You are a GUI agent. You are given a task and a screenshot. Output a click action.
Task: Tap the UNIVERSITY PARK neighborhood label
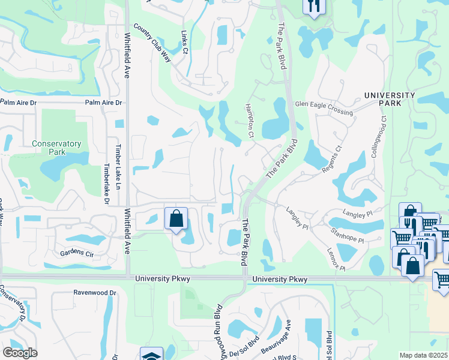[390, 99]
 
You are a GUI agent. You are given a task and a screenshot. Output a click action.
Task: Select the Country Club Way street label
[153, 43]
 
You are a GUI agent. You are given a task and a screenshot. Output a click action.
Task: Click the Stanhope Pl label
[347, 234]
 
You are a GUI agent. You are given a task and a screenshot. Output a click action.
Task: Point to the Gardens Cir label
[77, 253]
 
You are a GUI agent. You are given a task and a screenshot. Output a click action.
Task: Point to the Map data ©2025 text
[424, 355]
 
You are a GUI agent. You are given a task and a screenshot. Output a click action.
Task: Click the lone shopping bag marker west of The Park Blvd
[176, 219]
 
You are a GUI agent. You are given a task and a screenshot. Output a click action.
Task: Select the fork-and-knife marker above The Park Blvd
[314, 6]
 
